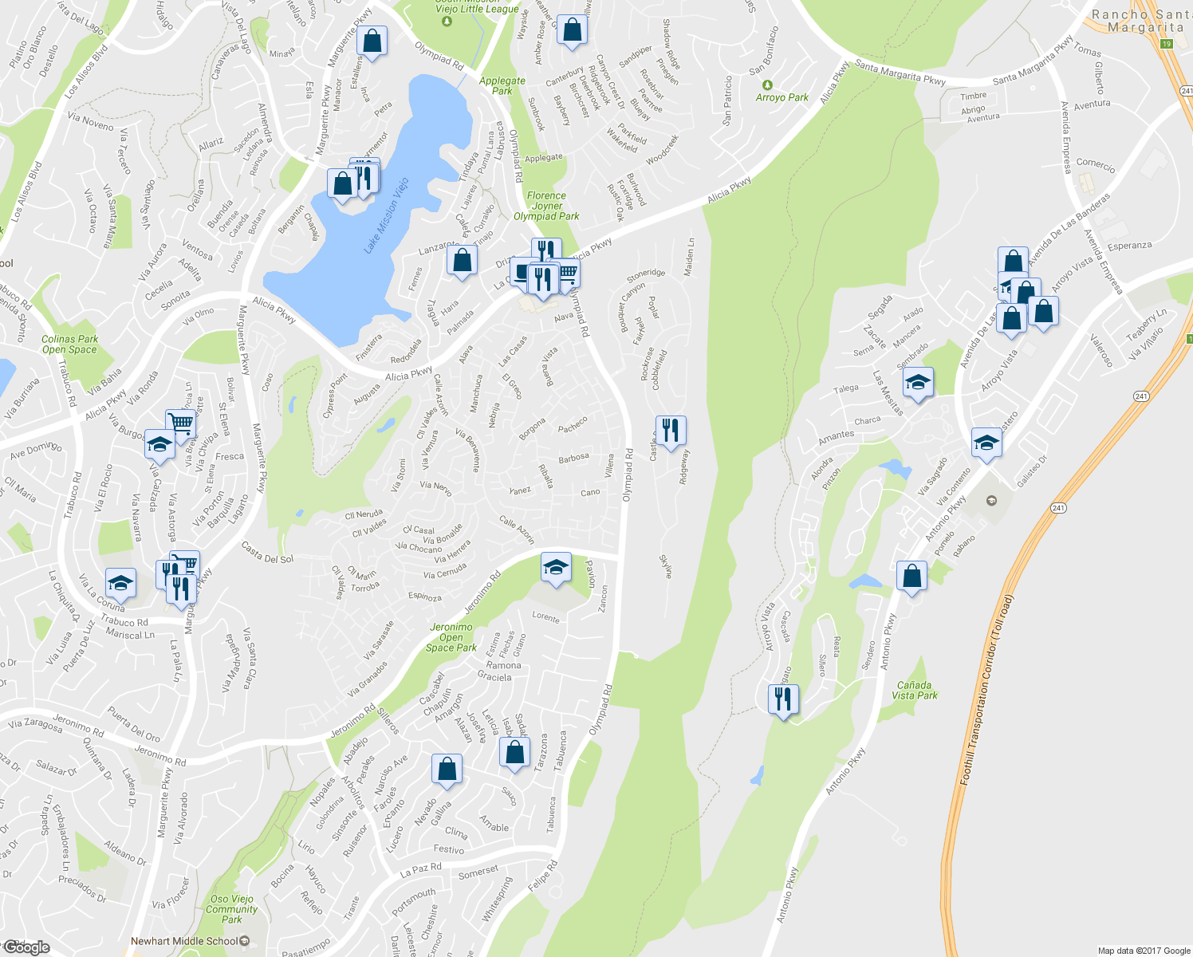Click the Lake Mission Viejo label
(x=386, y=216)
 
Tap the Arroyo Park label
(x=782, y=97)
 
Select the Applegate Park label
(x=502, y=86)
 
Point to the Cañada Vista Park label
(x=914, y=690)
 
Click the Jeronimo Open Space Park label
(x=451, y=637)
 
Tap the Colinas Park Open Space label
(x=69, y=344)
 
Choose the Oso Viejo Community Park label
(x=231, y=909)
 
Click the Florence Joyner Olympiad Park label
(x=546, y=206)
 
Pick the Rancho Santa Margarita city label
(x=1140, y=21)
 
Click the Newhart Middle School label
(x=184, y=941)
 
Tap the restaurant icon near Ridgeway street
(x=671, y=430)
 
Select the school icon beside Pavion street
(x=556, y=567)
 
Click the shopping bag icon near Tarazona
(x=514, y=752)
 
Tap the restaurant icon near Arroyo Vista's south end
(x=783, y=699)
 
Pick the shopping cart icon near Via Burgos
(x=182, y=423)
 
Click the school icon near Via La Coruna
(x=120, y=583)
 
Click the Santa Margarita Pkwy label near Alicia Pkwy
(x=900, y=71)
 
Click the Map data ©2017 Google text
(x=1144, y=950)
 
